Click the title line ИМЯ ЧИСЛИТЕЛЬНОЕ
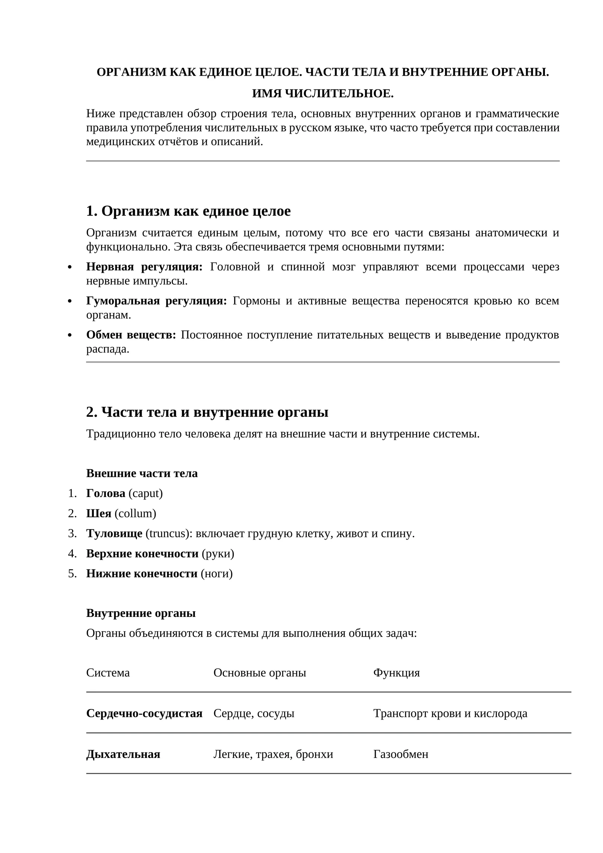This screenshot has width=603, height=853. [323, 94]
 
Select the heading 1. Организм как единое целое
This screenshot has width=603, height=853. [188, 211]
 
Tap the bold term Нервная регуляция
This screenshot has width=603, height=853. [144, 267]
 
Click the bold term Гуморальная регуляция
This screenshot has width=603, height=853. [156, 301]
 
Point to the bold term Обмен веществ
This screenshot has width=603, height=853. [131, 334]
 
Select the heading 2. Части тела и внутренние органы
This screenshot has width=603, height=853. [207, 412]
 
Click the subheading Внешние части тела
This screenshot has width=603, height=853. [142, 473]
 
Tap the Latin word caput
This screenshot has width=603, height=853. [145, 493]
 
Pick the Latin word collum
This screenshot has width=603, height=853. [135, 513]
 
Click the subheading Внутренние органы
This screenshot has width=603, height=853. [141, 613]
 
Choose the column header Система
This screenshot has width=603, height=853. [108, 672]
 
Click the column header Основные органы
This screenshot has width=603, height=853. [259, 672]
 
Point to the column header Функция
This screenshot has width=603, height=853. [396, 672]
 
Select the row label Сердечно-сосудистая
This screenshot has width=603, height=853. [144, 713]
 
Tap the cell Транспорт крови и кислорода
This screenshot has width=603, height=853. [450, 713]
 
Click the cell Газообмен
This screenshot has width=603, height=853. [401, 754]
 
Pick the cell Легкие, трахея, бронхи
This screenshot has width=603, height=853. [273, 754]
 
